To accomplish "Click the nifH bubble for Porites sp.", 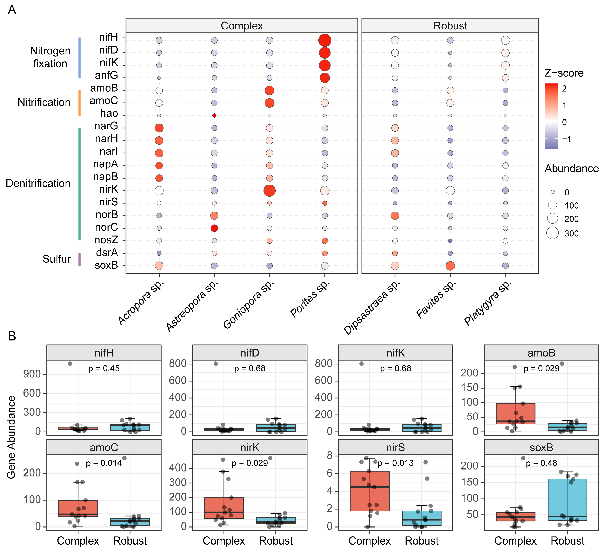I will click(325, 40).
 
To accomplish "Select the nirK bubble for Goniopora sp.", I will click(269, 190).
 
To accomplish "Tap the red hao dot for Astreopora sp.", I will click(214, 115).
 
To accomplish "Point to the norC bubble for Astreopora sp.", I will click(214, 228).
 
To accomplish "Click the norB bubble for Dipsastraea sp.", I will click(395, 215).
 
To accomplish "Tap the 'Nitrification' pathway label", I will click(44, 102).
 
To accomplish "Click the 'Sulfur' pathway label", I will click(56, 259).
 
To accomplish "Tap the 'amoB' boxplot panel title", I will click(541, 353).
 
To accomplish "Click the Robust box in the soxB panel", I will click(567, 500).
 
